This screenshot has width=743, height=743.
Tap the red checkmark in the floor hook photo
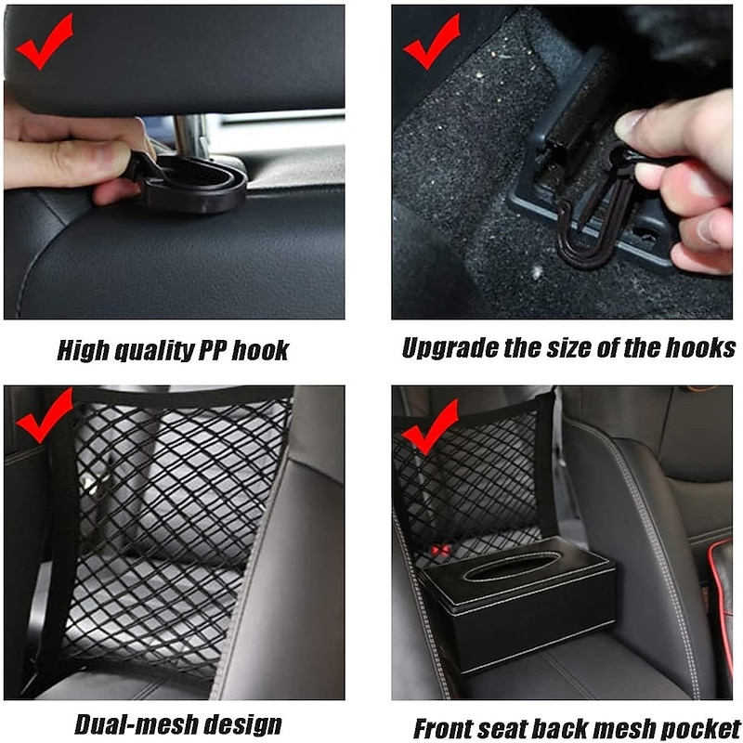coord(430,43)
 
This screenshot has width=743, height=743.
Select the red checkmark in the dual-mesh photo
coord(43,417)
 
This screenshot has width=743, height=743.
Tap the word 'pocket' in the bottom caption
coord(703,727)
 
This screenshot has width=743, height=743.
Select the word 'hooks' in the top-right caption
coord(702,348)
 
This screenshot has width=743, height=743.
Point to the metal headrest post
coord(191,136)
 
